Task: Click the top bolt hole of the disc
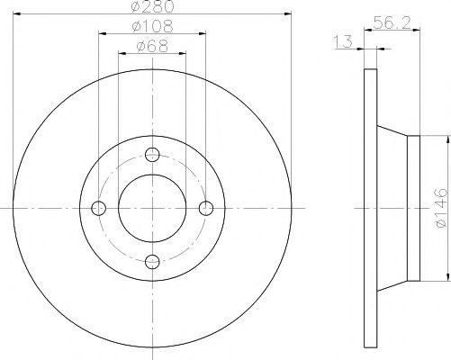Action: [153, 153]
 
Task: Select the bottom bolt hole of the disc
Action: [153, 262]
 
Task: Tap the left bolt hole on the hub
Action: [99, 208]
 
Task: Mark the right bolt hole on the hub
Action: [207, 208]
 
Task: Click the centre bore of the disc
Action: [153, 208]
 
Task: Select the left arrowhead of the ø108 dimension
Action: [101, 34]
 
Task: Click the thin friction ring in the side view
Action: [368, 208]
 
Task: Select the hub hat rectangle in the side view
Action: [414, 208]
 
